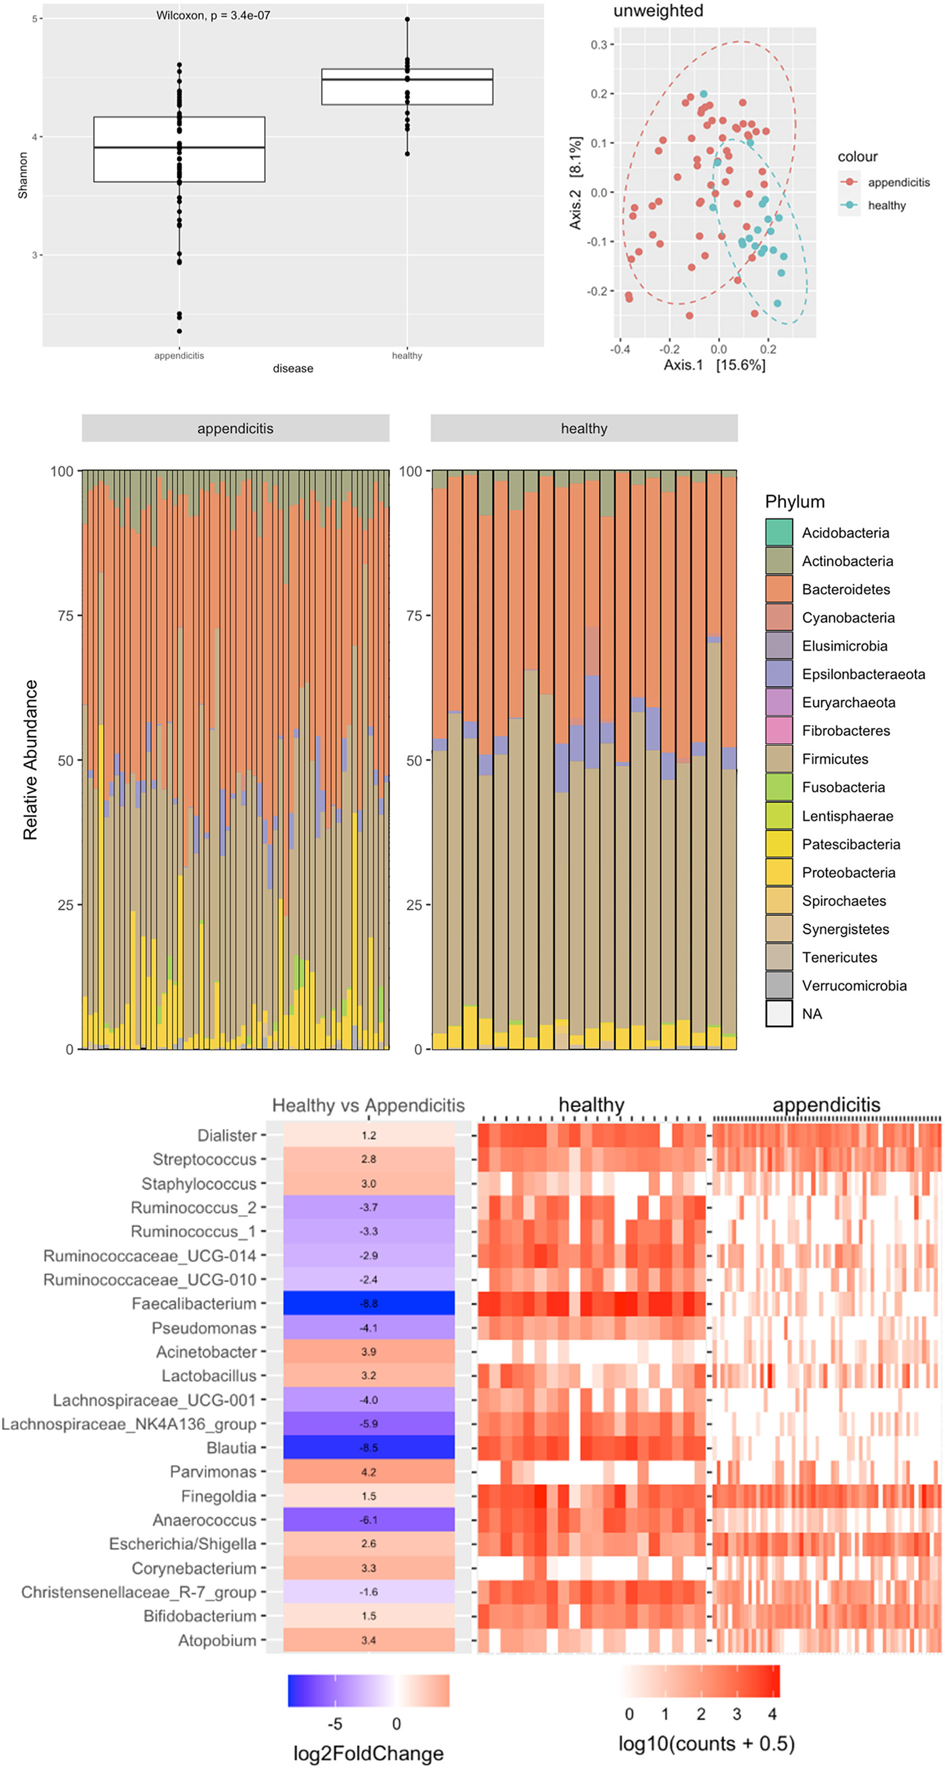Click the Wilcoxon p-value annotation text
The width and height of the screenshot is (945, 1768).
(x=213, y=15)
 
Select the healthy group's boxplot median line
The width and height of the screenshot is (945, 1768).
(x=407, y=79)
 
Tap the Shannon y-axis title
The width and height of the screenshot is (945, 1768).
(x=23, y=175)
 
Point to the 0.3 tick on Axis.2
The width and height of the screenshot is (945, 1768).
(x=599, y=44)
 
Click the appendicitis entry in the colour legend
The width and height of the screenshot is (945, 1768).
(x=898, y=182)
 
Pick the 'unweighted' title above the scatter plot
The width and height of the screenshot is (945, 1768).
(x=658, y=11)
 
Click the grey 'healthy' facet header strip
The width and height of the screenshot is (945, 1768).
(x=584, y=428)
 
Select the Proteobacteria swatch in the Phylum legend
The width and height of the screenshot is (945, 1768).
(x=779, y=872)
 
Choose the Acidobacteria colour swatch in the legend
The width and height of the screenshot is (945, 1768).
(x=779, y=533)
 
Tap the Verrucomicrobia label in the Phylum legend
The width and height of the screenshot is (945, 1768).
(x=854, y=986)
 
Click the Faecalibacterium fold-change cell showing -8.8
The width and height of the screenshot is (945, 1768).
(x=369, y=1303)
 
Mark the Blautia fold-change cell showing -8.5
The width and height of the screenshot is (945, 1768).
(x=369, y=1448)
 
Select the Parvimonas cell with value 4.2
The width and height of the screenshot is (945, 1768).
(x=369, y=1471)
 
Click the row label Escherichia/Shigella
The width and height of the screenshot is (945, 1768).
(x=183, y=1544)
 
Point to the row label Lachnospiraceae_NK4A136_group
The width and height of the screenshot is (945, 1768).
(x=129, y=1424)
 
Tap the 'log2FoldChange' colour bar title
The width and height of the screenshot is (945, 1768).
(x=369, y=1754)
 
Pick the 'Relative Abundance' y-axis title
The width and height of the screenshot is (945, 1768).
(x=30, y=759)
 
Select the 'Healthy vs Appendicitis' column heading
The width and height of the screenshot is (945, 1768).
(x=369, y=1106)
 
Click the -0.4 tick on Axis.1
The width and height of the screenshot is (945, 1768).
(x=620, y=349)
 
